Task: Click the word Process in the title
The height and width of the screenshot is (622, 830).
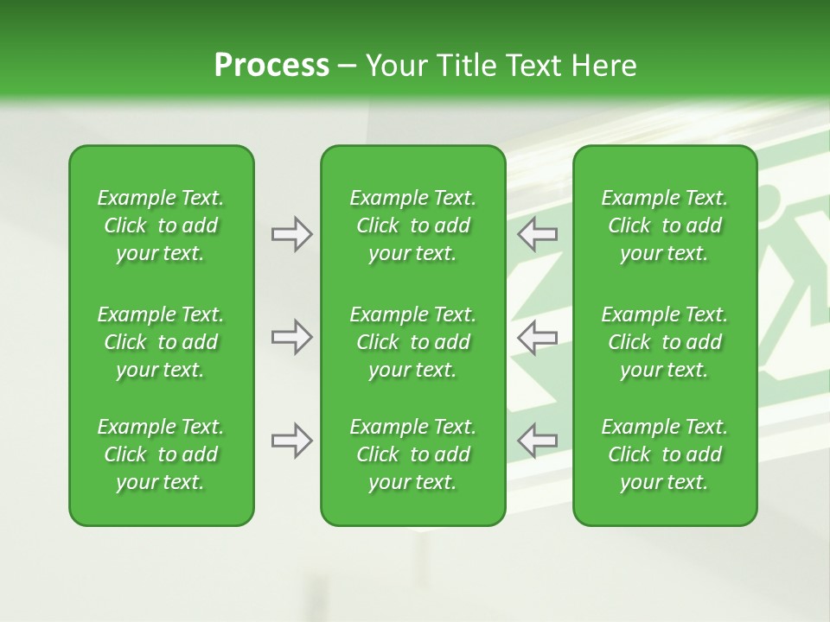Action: pyautogui.click(x=271, y=66)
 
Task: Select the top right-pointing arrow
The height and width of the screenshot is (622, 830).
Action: pyautogui.click(x=291, y=234)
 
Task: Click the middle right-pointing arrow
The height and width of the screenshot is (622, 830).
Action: pyautogui.click(x=291, y=337)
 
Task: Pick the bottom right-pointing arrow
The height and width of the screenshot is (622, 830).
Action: pyautogui.click(x=291, y=441)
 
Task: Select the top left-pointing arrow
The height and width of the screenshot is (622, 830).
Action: pyautogui.click(x=538, y=234)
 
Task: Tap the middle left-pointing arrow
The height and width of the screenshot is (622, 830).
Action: pyautogui.click(x=538, y=337)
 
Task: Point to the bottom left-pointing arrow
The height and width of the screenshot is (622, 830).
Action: pyautogui.click(x=538, y=441)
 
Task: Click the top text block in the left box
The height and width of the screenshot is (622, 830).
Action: pyautogui.click(x=161, y=225)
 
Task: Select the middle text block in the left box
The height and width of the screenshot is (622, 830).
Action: pyautogui.click(x=161, y=342)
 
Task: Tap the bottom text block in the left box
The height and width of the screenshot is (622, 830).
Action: pyautogui.click(x=161, y=454)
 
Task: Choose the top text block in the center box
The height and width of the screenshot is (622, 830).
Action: pyautogui.click(x=412, y=225)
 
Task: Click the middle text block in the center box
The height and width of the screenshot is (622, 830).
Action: pyautogui.click(x=412, y=342)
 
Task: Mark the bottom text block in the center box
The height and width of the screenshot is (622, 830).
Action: pyautogui.click(x=412, y=454)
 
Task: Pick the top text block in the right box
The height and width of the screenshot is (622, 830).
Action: pyautogui.click(x=664, y=225)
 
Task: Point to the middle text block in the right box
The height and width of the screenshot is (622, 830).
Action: pyautogui.click(x=664, y=342)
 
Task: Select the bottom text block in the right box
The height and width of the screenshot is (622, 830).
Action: pyautogui.click(x=664, y=454)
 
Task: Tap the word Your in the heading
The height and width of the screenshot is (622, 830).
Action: pyautogui.click(x=393, y=66)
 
